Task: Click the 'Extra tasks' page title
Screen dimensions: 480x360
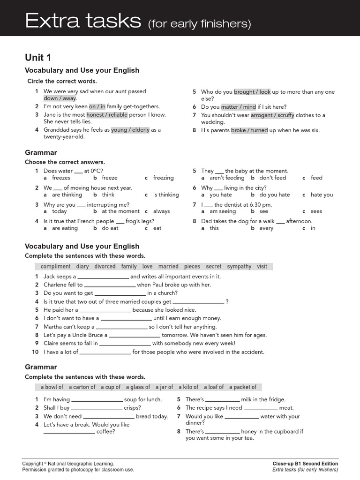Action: tap(83, 21)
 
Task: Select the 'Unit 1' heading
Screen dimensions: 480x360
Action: tap(38, 58)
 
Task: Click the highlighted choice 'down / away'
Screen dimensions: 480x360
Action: tap(60, 98)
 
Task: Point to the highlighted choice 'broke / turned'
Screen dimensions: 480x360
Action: tap(249, 130)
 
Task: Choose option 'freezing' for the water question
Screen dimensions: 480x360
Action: tap(163, 178)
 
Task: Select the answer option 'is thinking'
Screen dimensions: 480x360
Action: tap(165, 195)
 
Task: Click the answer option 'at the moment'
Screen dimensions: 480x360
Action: tap(120, 211)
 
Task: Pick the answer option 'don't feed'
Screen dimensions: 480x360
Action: tap(272, 178)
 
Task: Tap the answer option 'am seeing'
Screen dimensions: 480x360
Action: tap(223, 211)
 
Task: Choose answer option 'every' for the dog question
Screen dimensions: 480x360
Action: tap(266, 228)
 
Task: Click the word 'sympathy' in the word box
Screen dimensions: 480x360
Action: tap(239, 266)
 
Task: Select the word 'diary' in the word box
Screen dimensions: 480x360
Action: tap(82, 266)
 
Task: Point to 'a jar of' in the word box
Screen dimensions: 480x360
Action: tap(164, 387)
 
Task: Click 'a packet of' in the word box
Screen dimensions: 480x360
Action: tap(243, 387)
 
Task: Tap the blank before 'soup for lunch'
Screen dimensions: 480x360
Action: tap(97, 400)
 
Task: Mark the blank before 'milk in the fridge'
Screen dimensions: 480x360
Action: tap(222, 400)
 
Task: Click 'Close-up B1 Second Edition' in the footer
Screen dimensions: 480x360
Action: tap(305, 464)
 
